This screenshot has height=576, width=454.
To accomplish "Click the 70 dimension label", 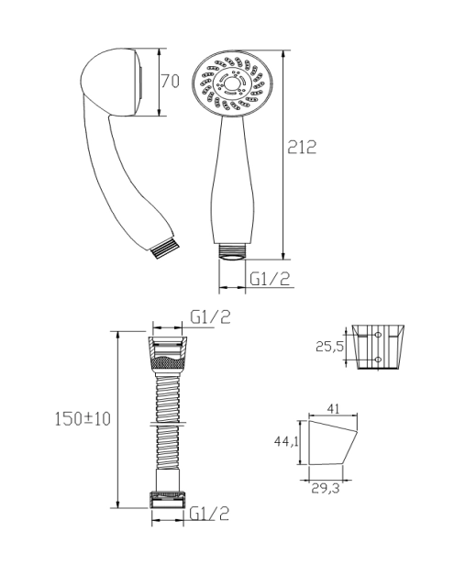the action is [x=171, y=82].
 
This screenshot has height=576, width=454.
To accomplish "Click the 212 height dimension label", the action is [x=302, y=148].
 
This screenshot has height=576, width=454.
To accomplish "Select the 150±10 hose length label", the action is [x=83, y=419].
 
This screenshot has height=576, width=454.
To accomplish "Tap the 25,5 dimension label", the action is [x=329, y=346].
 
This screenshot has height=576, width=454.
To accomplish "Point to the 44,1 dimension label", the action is [x=286, y=442].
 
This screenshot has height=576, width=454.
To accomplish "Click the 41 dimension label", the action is [x=333, y=408].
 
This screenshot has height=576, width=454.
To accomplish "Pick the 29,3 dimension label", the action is [x=326, y=489].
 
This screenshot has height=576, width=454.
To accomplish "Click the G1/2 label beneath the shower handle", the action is [x=270, y=279].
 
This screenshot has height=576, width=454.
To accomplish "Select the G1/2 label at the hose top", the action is [x=210, y=317].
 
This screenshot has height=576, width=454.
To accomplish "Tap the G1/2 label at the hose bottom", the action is [x=209, y=514].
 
